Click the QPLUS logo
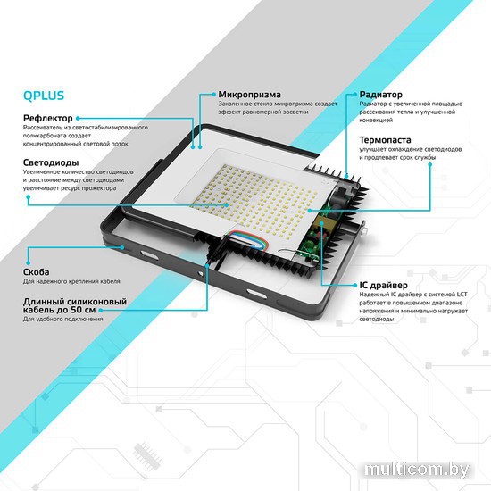[x=44, y=96]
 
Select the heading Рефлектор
[x=48, y=119]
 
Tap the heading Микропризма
[x=250, y=95]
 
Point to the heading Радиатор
[x=381, y=95]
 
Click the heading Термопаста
[x=385, y=139]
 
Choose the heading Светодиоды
[x=51, y=162]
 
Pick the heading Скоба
[x=36, y=272]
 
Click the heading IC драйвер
[x=383, y=286]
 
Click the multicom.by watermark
[x=417, y=470]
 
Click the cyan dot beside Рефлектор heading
[x=78, y=119]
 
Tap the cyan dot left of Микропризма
[x=214, y=95]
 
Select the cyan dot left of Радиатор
[x=354, y=95]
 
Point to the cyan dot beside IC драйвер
[x=354, y=286]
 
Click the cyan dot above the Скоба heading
[x=29, y=262]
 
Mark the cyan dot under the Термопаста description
[x=430, y=165]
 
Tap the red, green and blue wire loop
[x=247, y=239]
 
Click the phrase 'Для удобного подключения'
[x=63, y=319]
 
